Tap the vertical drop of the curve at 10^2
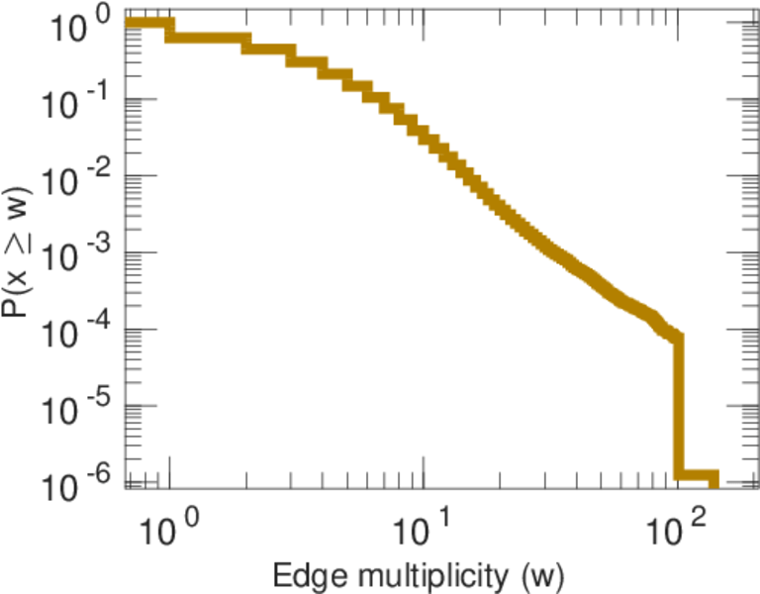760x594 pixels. [678, 406]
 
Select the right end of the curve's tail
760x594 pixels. [714, 476]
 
